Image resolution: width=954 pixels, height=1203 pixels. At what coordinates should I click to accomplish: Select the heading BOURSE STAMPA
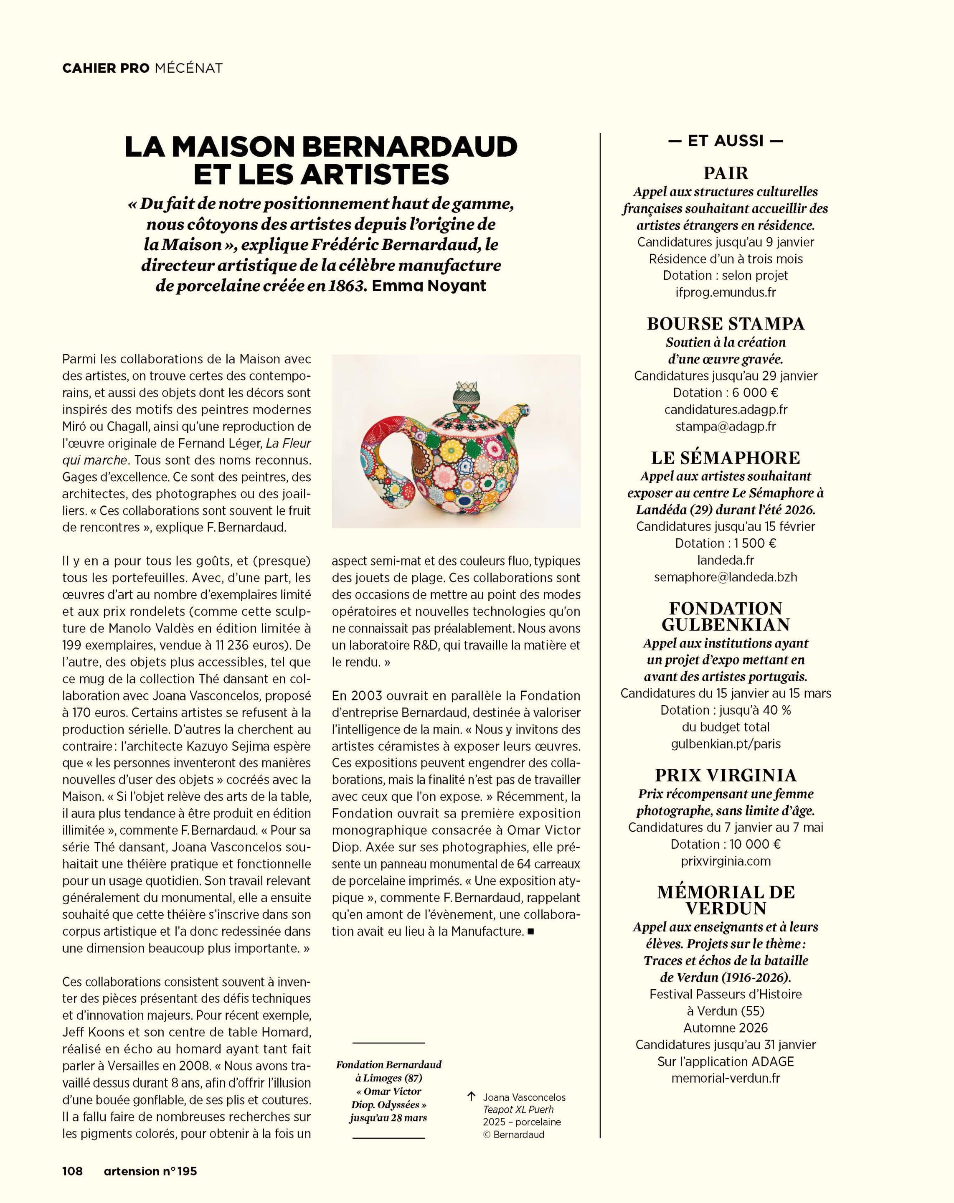point(725,324)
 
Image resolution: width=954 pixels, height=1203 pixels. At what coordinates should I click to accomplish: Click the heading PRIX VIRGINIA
point(725,775)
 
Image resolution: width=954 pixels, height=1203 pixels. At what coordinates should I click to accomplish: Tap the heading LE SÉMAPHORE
point(725,457)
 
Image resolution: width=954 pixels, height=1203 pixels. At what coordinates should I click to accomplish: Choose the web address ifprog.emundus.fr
point(725,292)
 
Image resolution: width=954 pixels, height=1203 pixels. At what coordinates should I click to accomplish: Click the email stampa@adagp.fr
point(725,426)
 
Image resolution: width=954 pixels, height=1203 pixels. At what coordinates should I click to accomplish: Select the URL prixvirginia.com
point(725,861)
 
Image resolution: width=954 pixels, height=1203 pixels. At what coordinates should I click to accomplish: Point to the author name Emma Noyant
point(429,286)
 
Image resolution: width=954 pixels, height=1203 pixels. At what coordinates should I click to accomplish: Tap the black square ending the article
point(530,931)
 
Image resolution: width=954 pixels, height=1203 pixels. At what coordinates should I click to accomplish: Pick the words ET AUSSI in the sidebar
point(725,141)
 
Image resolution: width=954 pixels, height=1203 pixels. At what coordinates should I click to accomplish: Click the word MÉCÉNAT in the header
point(188,68)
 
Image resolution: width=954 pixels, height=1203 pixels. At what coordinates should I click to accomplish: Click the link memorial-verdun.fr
point(725,1078)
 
